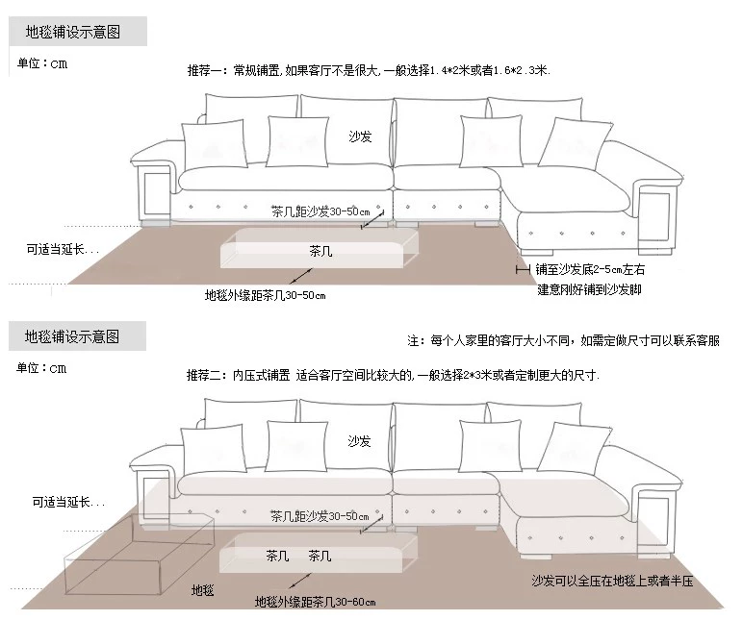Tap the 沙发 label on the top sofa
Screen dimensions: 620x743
click(360, 137)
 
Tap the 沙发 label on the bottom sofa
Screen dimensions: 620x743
click(360, 441)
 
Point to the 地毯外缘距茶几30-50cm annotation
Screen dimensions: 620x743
click(266, 295)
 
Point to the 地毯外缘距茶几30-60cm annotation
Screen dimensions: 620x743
click(315, 602)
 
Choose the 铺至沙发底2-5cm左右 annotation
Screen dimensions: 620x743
click(590, 270)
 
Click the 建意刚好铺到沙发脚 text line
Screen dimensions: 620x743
click(589, 289)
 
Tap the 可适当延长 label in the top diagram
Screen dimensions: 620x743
click(63, 249)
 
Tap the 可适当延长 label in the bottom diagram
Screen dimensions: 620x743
click(68, 503)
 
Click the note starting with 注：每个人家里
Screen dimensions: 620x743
click(563, 341)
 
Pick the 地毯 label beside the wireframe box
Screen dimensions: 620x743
click(203, 588)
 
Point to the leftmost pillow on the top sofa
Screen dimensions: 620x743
click(209, 146)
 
